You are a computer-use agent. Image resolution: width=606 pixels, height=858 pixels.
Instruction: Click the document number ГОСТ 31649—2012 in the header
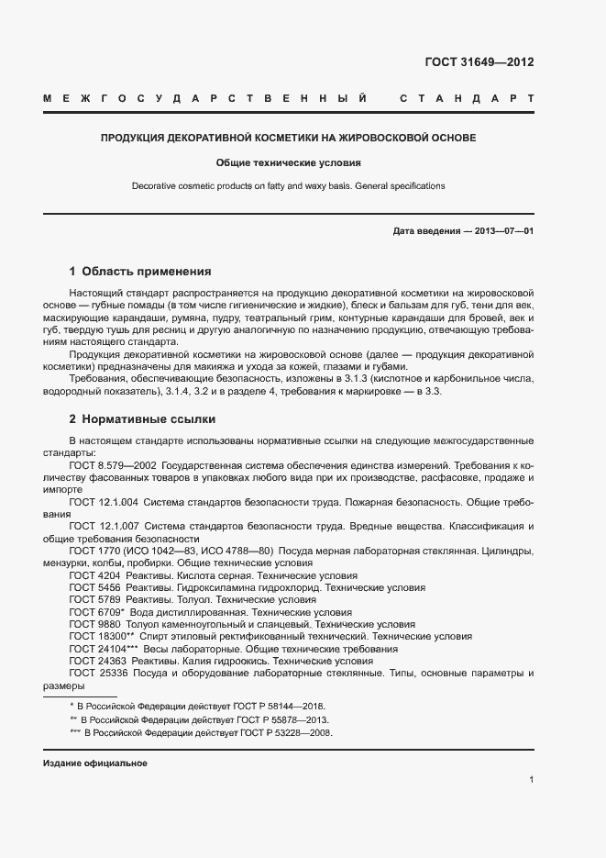479,63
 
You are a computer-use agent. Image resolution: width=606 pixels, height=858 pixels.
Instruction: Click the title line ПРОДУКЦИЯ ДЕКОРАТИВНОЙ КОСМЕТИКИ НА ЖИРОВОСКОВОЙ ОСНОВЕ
288,139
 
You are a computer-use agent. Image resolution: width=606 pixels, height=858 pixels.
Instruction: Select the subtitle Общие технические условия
288,162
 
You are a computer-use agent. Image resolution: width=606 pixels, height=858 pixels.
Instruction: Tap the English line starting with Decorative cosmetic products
288,185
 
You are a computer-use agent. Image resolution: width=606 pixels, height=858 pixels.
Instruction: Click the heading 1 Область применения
140,272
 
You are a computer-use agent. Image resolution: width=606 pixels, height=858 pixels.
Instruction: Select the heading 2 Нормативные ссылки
142,419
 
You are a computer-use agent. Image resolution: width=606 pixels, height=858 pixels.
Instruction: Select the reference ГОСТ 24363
96,660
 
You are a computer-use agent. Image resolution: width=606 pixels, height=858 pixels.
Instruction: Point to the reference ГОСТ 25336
96,673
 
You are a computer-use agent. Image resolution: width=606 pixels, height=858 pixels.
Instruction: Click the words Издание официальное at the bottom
94,763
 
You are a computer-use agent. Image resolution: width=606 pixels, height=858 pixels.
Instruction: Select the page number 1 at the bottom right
531,780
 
